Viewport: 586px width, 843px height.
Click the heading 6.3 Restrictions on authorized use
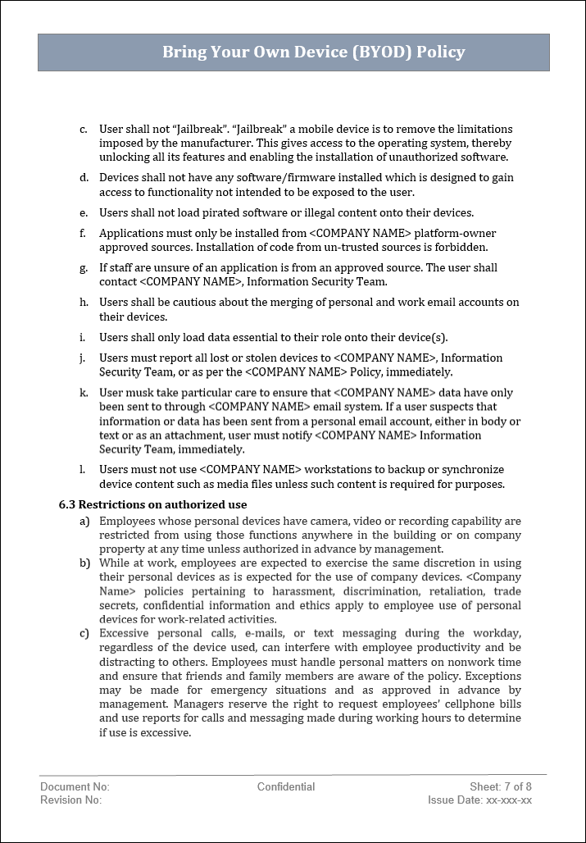click(x=152, y=504)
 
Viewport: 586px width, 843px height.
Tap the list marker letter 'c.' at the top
click(x=84, y=130)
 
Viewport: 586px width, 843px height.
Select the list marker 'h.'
click(x=84, y=303)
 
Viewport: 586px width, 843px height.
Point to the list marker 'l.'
click(x=83, y=470)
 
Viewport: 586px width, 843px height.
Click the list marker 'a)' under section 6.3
click(x=84, y=522)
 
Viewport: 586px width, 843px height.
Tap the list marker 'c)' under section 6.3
click(x=84, y=633)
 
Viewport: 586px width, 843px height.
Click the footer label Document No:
click(x=75, y=786)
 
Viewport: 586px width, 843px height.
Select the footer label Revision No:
click(x=70, y=800)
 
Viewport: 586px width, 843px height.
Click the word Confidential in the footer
click(x=286, y=786)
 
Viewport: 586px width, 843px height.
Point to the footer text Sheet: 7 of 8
click(x=501, y=786)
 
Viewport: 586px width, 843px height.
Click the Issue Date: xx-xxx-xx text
click(x=479, y=800)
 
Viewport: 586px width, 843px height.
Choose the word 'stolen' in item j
click(x=247, y=358)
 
